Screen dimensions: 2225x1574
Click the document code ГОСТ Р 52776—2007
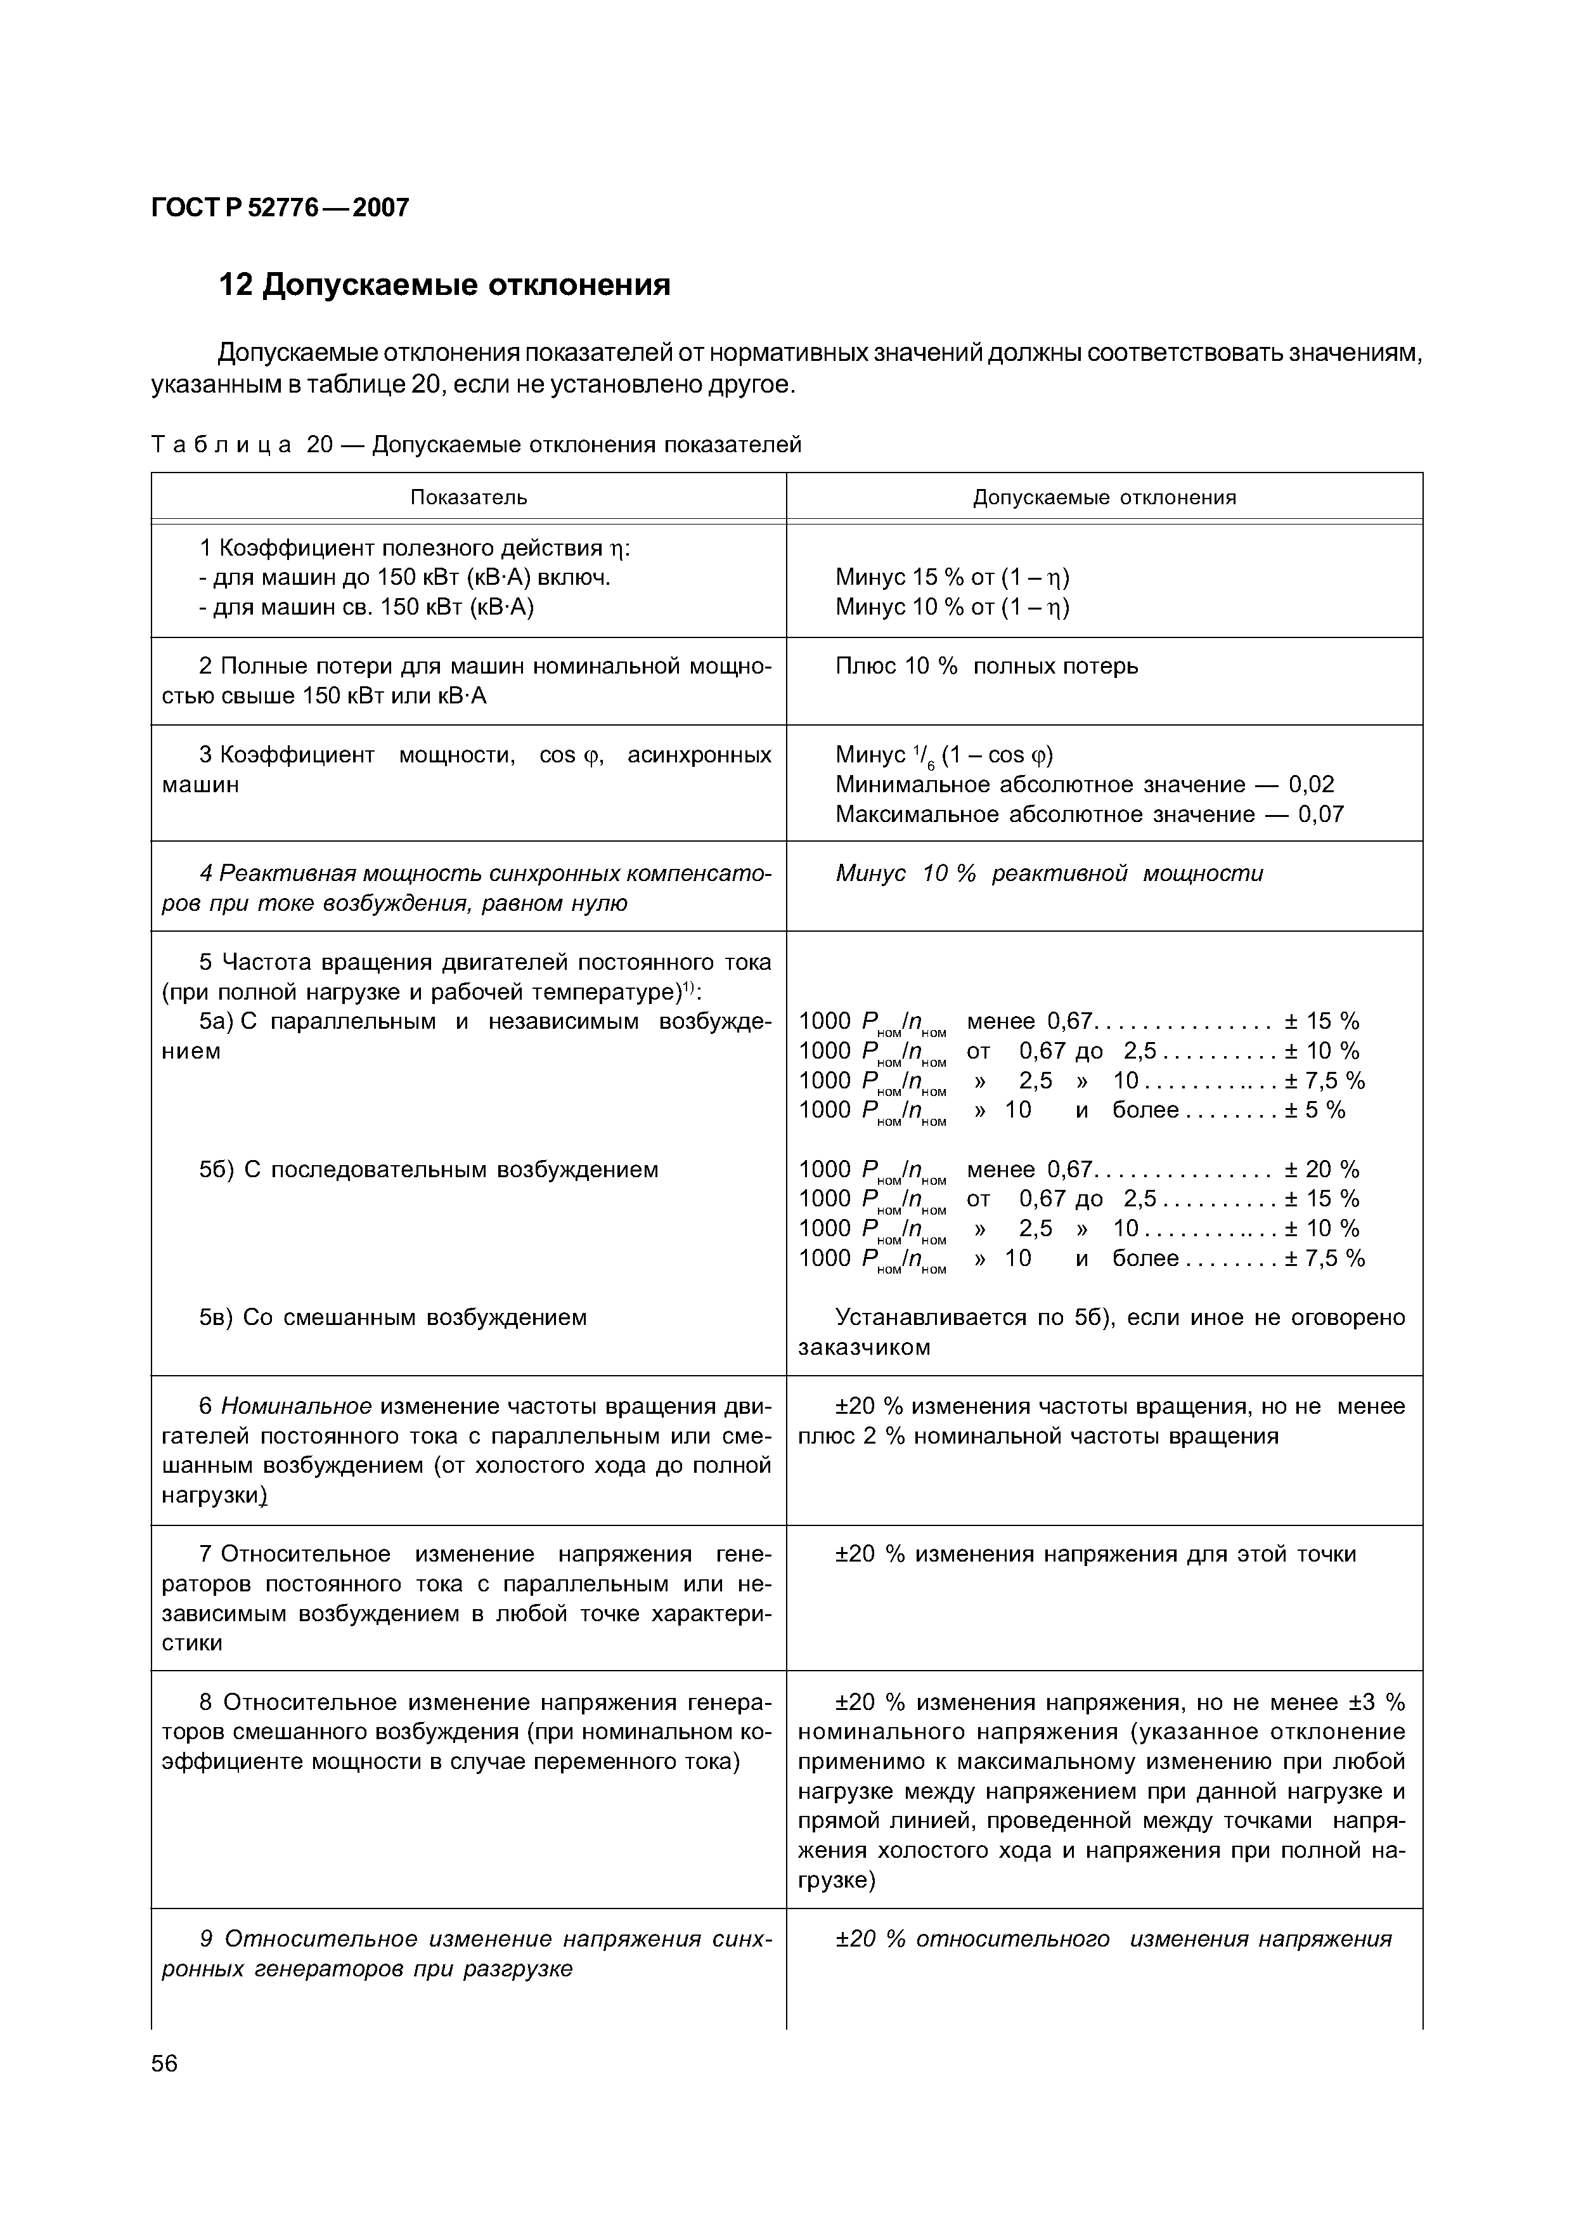tap(280, 207)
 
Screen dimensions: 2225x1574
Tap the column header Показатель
tap(468, 497)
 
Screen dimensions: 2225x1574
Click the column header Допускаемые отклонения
tap(1104, 497)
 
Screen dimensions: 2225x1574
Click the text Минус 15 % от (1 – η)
tap(951, 578)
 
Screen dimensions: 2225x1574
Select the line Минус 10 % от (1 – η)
tap(951, 607)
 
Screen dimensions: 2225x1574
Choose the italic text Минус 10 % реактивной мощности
tap(1048, 873)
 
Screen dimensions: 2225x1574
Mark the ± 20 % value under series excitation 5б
tap(1322, 1169)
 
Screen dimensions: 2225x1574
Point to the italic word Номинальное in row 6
tap(297, 1406)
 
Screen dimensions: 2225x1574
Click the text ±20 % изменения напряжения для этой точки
tap(1095, 1554)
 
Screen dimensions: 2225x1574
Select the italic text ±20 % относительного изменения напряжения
tap(1113, 1939)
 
